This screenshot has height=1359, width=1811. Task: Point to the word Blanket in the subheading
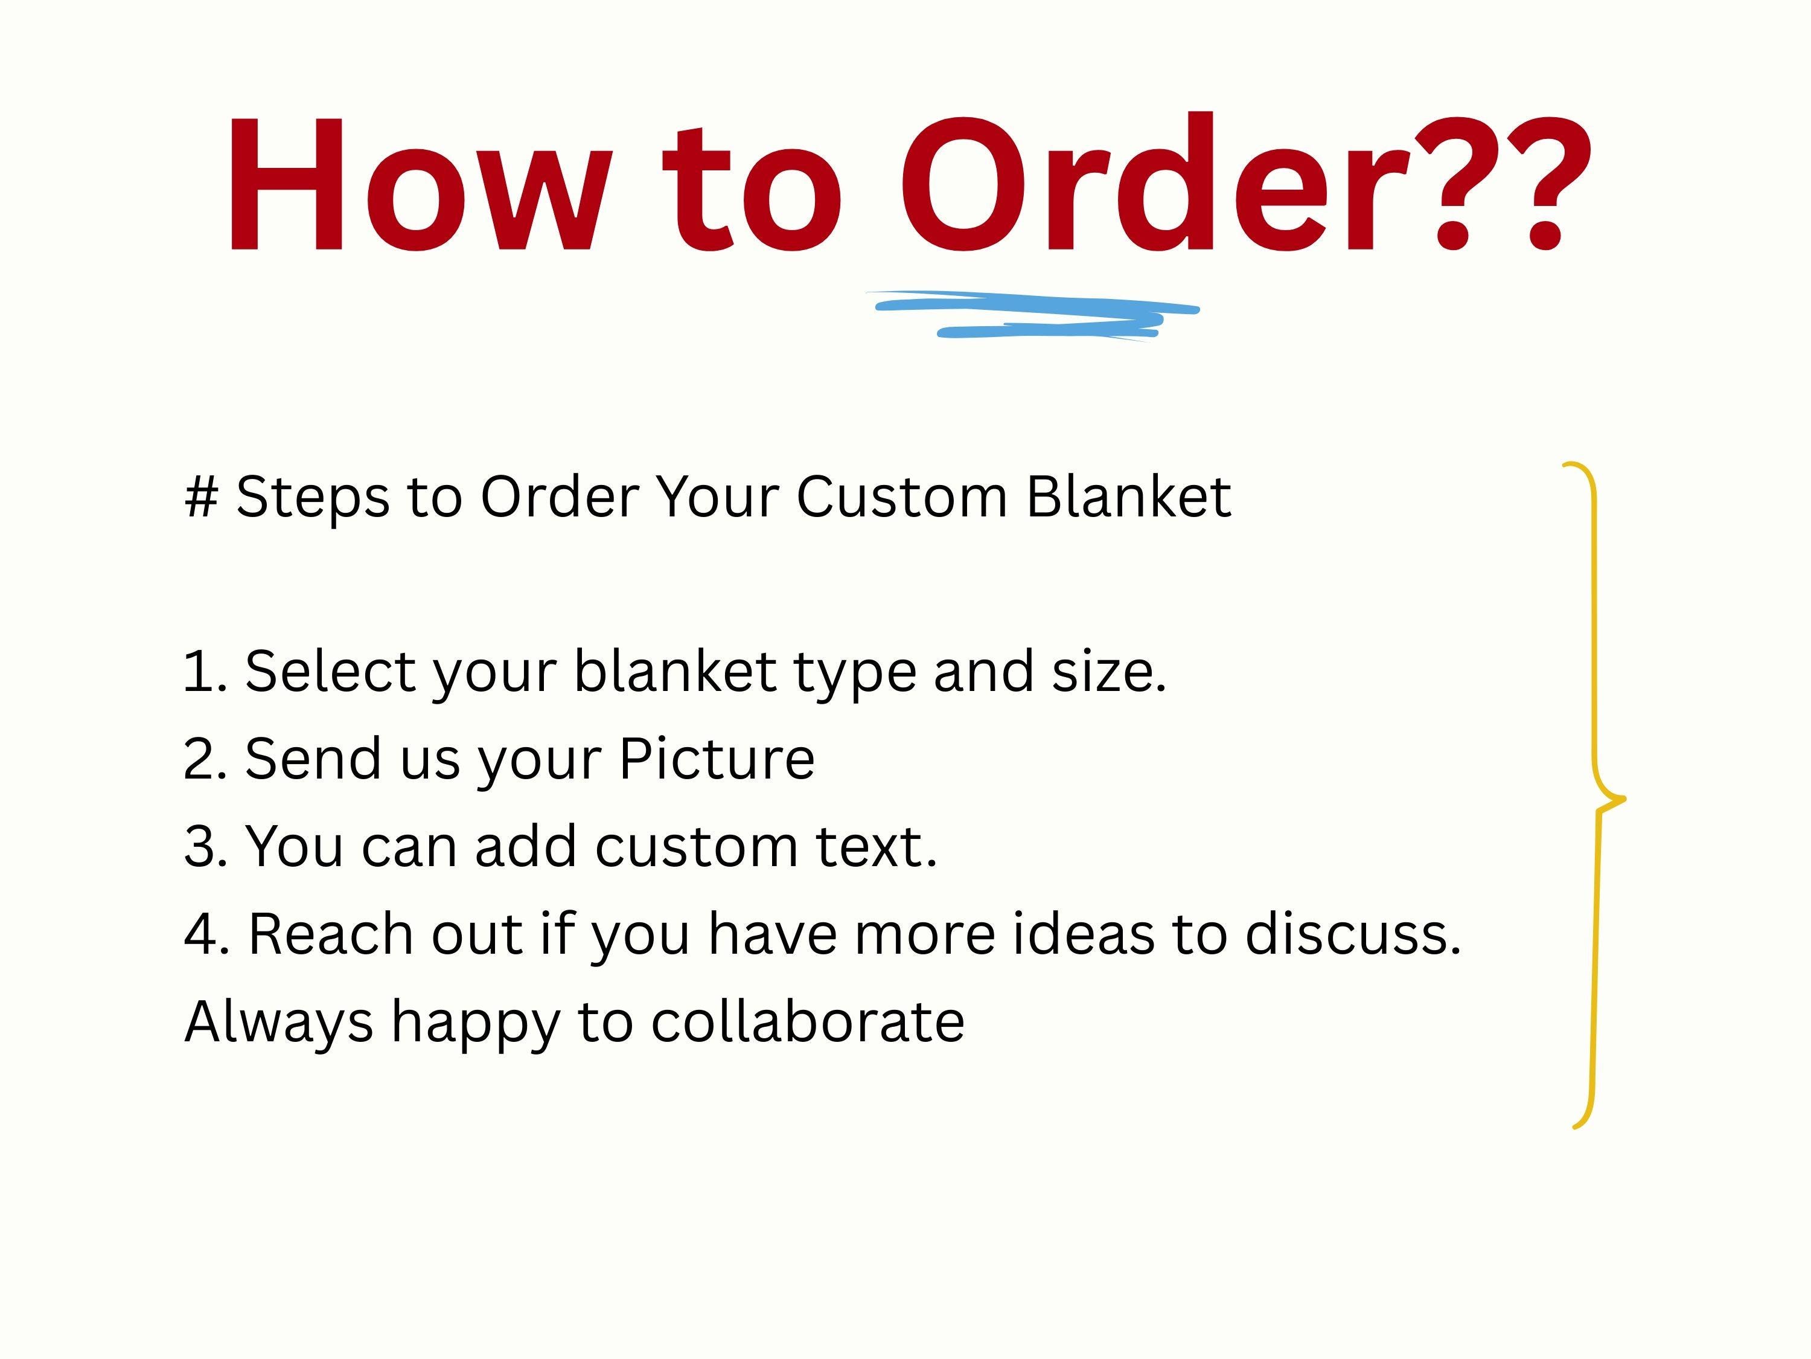[1129, 496]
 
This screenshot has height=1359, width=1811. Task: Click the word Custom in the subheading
[901, 496]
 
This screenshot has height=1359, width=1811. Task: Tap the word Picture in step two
[717, 759]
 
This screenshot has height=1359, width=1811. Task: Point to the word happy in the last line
[476, 1024]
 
